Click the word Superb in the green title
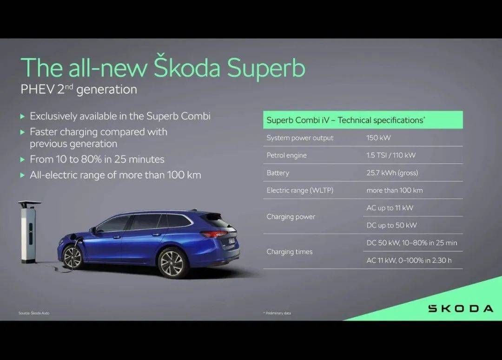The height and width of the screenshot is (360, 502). [266, 68]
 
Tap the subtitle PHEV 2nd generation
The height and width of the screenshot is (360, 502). [79, 89]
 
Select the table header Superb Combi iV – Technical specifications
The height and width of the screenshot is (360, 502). [346, 120]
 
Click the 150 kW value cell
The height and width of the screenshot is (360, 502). [378, 138]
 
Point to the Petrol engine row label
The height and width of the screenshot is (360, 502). [286, 156]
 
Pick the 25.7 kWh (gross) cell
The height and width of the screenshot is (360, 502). [392, 173]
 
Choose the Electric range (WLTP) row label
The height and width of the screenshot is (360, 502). [300, 190]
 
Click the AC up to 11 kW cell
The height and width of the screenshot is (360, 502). [390, 208]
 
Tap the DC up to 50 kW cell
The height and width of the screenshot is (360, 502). [391, 225]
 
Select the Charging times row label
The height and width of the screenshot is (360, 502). [290, 252]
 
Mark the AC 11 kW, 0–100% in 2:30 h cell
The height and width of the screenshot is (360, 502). [409, 261]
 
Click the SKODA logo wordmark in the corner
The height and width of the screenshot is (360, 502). [461, 308]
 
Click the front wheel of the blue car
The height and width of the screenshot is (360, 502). [73, 257]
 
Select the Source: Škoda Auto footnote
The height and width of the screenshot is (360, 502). [34, 313]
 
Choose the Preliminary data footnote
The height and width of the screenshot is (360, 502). [277, 313]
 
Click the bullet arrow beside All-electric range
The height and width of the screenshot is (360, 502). [22, 175]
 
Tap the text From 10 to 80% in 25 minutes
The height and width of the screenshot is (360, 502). [97, 159]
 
